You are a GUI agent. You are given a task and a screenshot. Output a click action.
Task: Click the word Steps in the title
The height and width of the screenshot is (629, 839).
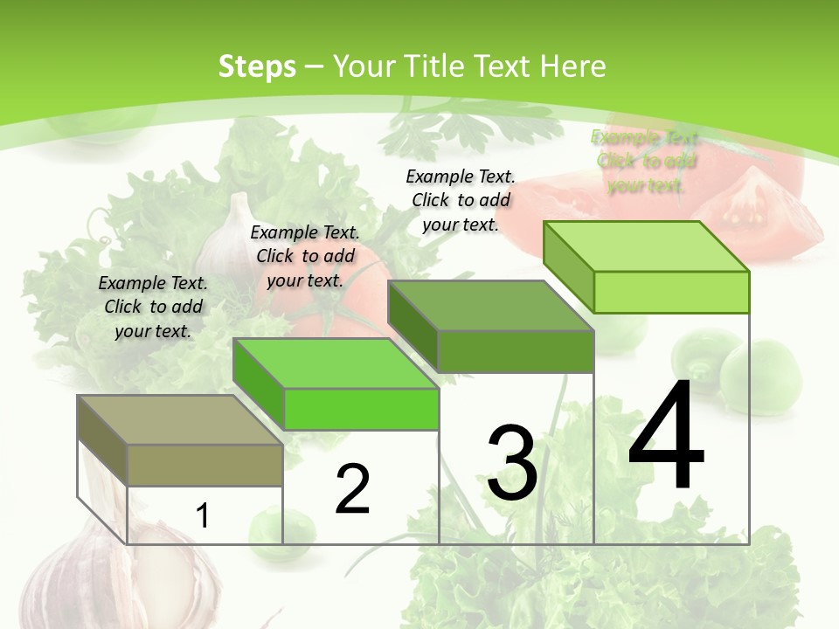click(257, 66)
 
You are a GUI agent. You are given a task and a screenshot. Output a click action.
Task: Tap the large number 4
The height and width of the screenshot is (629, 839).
click(666, 437)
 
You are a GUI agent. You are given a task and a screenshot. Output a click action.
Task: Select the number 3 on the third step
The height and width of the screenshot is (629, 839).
click(512, 463)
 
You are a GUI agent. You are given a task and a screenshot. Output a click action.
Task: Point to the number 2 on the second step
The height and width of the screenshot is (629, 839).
click(353, 489)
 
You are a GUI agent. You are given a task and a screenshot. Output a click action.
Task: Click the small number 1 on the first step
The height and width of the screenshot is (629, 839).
click(203, 515)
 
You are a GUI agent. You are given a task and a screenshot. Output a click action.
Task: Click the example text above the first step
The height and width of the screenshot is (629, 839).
click(153, 307)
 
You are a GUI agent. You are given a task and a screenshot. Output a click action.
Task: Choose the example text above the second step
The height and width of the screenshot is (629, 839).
click(305, 256)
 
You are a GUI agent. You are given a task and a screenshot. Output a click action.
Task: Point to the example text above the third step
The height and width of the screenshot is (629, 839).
click(461, 200)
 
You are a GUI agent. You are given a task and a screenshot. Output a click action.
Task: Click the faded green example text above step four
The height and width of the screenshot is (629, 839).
click(646, 161)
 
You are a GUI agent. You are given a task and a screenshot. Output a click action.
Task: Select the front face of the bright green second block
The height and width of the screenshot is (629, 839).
click(361, 409)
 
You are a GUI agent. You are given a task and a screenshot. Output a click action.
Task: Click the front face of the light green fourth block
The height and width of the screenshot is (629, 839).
click(671, 292)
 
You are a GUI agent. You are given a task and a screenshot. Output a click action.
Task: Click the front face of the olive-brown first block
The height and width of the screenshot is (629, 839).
click(205, 465)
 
